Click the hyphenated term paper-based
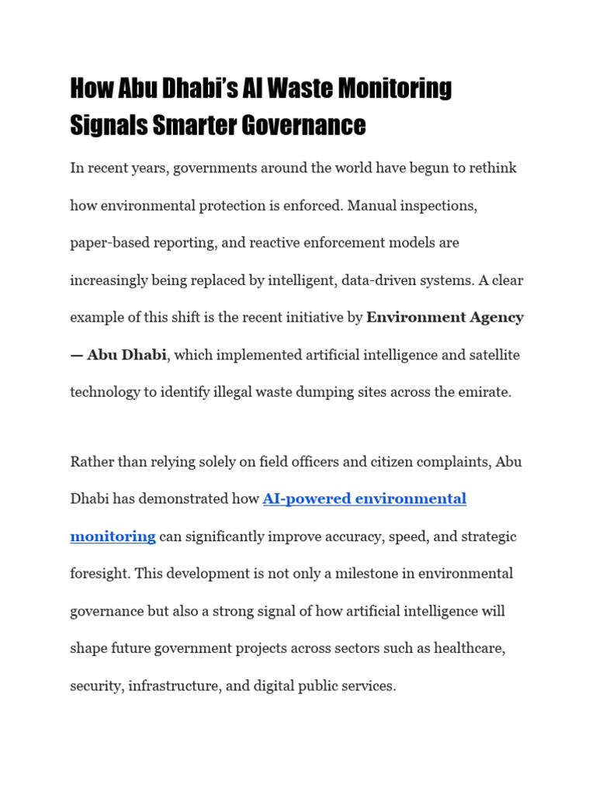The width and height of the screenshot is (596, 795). (106, 243)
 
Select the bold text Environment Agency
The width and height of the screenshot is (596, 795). (445, 318)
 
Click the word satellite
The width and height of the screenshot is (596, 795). (491, 355)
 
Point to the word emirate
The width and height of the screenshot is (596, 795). (485, 392)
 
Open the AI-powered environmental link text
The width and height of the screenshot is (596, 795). (365, 499)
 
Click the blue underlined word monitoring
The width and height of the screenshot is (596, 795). (113, 536)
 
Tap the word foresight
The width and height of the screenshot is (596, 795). (99, 574)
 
